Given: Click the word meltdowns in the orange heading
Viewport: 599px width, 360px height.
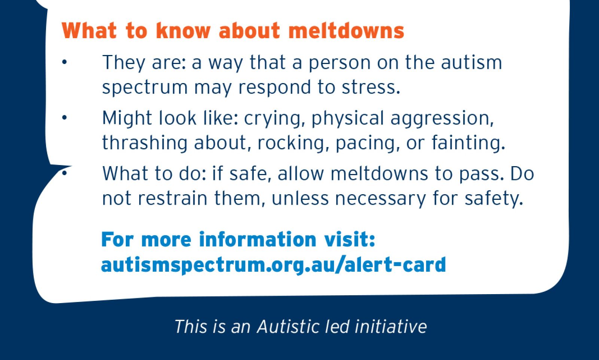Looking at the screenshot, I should click(346, 31).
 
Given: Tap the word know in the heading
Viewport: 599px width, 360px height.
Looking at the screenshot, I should click(183, 31).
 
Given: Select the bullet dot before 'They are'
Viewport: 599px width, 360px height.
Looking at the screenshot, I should click(64, 62).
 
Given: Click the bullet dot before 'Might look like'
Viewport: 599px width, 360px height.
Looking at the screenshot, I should click(64, 118).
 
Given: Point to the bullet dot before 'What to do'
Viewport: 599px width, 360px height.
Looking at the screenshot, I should click(64, 173).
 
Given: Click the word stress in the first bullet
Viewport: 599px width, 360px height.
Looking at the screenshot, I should click(370, 87).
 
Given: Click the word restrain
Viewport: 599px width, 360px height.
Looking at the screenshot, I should click(173, 198).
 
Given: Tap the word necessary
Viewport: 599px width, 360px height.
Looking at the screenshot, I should click(380, 198).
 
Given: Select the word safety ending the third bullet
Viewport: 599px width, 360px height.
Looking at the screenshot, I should click(493, 198).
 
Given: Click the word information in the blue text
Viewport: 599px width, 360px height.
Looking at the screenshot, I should click(258, 240).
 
